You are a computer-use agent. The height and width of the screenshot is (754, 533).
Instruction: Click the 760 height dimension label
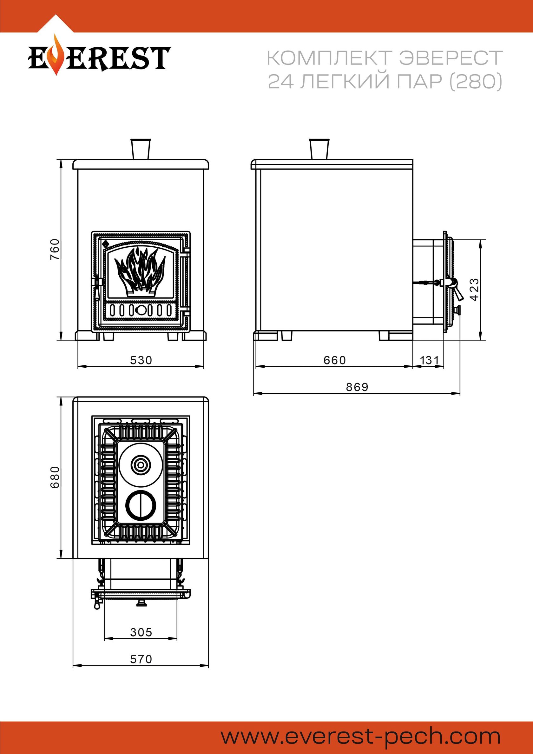(55, 250)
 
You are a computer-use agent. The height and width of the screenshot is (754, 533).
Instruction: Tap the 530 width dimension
(141, 360)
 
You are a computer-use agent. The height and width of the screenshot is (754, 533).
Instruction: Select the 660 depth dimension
(334, 360)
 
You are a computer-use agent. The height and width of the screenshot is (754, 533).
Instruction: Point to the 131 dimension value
(429, 360)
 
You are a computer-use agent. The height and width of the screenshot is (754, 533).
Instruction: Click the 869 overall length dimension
(357, 387)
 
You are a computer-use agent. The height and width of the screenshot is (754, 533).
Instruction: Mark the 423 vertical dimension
(474, 290)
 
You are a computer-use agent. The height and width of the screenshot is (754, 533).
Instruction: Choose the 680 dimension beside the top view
(55, 477)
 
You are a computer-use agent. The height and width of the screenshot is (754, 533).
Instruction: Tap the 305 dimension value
(141, 632)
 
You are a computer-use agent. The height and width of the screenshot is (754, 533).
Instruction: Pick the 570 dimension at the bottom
(141, 659)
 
